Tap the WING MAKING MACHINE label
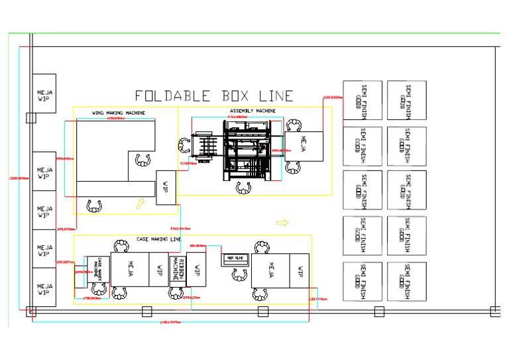pos(119,113)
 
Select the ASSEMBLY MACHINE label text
pos(253,111)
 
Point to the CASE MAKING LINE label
pos(158,239)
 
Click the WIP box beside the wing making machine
pos(166,187)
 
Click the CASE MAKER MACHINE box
pos(99,269)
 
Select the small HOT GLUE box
pos(234,258)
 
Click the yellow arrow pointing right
pos(282,223)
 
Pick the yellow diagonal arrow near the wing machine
pos(140,204)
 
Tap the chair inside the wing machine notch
pos(142,159)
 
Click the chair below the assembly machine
pos(244,188)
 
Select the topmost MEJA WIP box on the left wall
pos(44,93)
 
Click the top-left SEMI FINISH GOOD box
pos(362,100)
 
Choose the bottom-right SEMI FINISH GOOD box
pos(407,280)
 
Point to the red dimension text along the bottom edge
pos(170,323)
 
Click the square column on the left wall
pos(29,118)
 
